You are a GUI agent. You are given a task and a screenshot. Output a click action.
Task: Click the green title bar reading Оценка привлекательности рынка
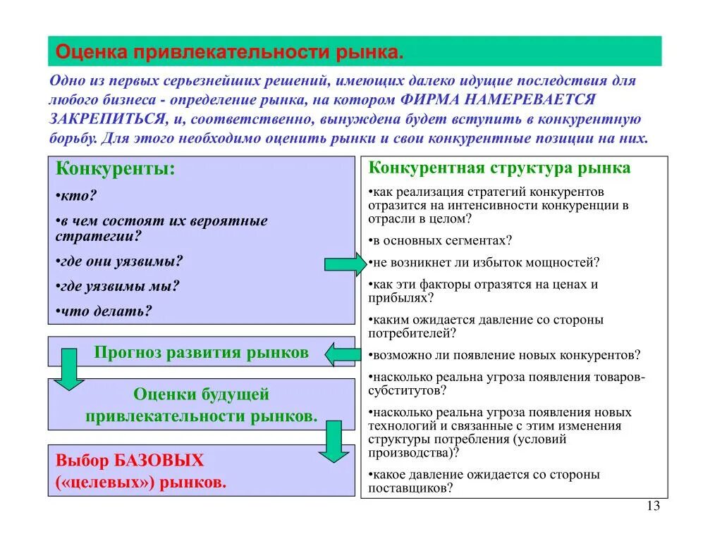(x=354, y=51)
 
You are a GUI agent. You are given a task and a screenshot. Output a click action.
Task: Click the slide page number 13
(x=652, y=506)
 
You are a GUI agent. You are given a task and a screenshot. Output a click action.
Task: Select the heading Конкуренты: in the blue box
(x=115, y=170)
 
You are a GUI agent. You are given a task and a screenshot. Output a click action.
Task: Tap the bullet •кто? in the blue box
(x=75, y=197)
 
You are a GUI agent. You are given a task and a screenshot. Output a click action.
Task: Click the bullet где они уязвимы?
(x=119, y=261)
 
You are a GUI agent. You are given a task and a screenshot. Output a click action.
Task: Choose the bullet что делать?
(x=104, y=311)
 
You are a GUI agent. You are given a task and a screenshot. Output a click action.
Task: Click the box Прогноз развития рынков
(x=201, y=352)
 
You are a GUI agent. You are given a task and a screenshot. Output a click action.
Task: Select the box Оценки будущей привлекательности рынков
(x=201, y=405)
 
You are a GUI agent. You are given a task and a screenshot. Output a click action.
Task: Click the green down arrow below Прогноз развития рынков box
(x=69, y=369)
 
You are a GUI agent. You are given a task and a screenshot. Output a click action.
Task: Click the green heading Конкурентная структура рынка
(x=500, y=168)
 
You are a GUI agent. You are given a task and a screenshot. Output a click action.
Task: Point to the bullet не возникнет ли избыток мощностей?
(x=484, y=263)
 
